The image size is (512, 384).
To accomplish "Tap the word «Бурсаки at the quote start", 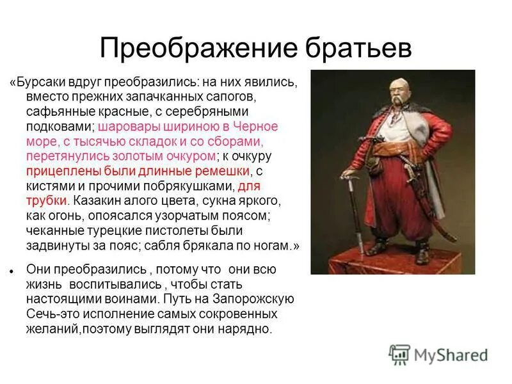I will click(x=38, y=83).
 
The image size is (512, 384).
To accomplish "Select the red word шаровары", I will click(x=126, y=127).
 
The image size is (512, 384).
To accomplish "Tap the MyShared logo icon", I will click(x=399, y=354).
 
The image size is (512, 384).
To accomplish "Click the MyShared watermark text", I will click(x=452, y=355).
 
